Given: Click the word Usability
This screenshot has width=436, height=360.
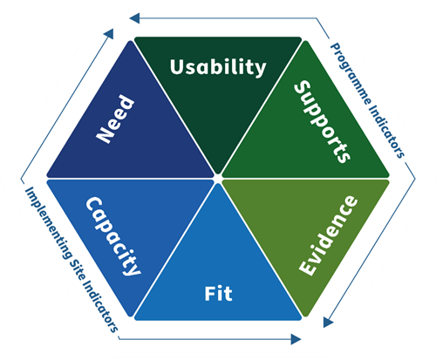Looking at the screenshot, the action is coord(218,67).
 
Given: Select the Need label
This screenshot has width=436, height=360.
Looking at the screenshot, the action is coord(115,119).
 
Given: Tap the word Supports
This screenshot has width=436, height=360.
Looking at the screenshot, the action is coord(322,121).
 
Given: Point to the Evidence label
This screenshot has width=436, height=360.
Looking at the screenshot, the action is coord(328,235).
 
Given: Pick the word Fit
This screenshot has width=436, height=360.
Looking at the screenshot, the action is coord(218,294).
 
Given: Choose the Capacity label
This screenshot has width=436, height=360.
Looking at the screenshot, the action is coord(113,236).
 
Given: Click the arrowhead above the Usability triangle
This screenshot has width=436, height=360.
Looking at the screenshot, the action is coord(134,18).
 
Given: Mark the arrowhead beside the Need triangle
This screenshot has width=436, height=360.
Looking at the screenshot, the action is coord(109,33).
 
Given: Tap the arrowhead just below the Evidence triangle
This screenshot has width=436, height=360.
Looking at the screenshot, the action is coord(328,322).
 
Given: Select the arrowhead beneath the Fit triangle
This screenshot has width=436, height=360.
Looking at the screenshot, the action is coord(296,339).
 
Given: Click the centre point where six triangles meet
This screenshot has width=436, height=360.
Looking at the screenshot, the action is coord(218,176).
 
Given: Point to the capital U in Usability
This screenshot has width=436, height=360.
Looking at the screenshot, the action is coord(177,67).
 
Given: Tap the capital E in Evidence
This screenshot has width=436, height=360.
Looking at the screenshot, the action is coord(308,267).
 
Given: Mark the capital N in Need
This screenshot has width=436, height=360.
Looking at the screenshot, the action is coord(106,133).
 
